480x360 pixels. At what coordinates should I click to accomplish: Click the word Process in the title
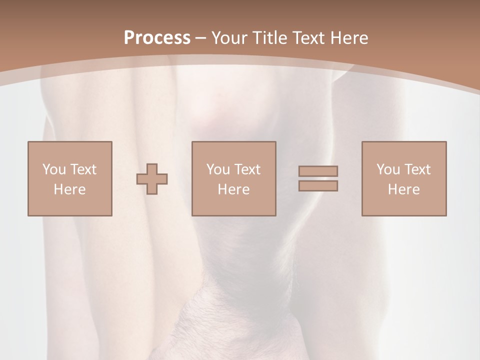click(157, 38)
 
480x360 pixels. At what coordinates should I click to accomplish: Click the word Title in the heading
click(270, 38)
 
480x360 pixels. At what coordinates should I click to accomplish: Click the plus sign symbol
click(152, 179)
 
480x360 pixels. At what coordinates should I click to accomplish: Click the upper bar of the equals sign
click(318, 171)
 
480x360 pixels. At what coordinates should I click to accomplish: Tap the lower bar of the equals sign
click(318, 186)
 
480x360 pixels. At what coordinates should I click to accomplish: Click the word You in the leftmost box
click(53, 169)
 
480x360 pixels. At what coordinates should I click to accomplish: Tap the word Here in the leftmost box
click(69, 189)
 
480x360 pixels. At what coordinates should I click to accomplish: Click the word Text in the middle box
click(247, 169)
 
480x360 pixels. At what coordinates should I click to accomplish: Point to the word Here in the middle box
click(233, 189)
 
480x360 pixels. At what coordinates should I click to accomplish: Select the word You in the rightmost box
click(388, 169)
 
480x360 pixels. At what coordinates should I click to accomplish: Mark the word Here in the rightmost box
click(403, 189)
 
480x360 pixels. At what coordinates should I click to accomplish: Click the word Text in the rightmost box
click(417, 169)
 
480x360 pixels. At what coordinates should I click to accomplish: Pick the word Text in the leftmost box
click(83, 169)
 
